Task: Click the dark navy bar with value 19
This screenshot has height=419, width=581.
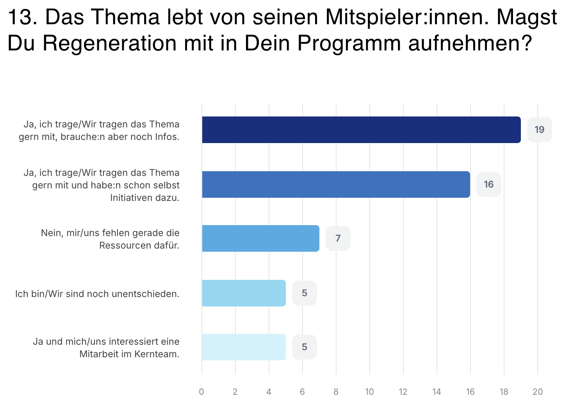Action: [x=361, y=130]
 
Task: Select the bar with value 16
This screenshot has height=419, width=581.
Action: [x=336, y=184]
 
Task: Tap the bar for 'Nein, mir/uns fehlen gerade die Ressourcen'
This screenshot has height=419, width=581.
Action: [x=260, y=238]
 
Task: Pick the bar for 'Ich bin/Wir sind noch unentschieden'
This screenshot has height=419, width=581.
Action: [x=244, y=293]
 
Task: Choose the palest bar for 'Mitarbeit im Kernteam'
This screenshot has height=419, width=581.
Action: [x=244, y=347]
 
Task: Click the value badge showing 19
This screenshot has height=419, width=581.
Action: [x=539, y=130]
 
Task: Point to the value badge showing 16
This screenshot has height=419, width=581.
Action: [x=488, y=184]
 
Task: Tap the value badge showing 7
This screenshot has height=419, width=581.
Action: [x=338, y=238]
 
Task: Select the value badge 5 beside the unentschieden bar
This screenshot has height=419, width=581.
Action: [x=304, y=293]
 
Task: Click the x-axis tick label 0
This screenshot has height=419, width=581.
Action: [x=201, y=392]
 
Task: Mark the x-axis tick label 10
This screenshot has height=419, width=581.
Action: [x=369, y=392]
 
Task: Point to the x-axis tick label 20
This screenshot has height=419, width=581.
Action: [x=538, y=392]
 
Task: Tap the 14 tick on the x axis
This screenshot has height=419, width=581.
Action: [x=437, y=392]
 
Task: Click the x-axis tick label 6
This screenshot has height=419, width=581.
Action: [x=302, y=392]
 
